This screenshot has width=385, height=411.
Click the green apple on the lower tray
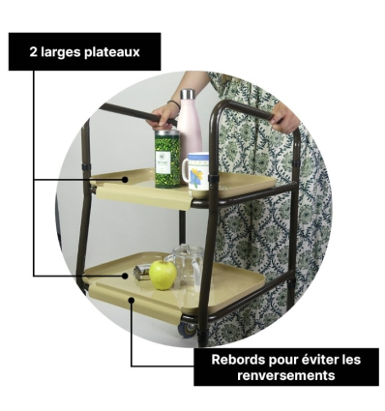pyautogui.click(x=163, y=275)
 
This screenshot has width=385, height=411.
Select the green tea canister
pyautogui.click(x=167, y=160)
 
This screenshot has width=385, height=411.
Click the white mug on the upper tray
pyautogui.click(x=196, y=171)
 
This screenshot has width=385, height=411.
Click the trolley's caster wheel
pyautogui.click(x=185, y=329)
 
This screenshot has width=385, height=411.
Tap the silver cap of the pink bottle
pyautogui.click(x=187, y=96)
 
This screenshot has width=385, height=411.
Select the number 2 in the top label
pyautogui.click(x=34, y=51)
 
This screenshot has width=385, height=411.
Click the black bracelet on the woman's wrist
pyautogui.click(x=173, y=103)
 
